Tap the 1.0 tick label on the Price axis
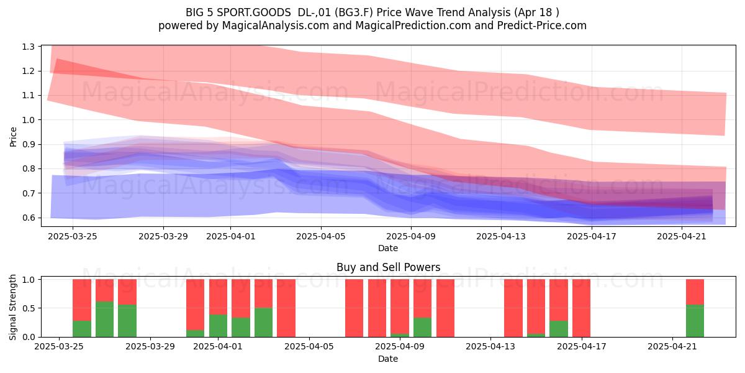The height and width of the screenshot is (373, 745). click(29, 120)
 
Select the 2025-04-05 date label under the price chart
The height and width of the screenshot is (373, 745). click(320, 236)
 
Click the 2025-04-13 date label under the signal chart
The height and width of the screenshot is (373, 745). click(490, 346)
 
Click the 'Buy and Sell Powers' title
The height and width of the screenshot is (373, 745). click(388, 267)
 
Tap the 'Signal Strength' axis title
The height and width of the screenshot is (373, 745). click(12, 307)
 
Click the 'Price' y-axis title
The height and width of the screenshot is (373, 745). click(13, 137)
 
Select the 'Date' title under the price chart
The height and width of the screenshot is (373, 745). click(388, 248)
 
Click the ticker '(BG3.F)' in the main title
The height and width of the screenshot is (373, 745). click(354, 12)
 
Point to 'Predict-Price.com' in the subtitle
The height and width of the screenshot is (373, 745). click(542, 25)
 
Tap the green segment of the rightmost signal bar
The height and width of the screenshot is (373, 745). click(695, 321)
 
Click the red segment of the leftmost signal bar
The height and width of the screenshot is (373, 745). click(82, 300)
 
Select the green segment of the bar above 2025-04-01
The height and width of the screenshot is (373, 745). click(218, 326)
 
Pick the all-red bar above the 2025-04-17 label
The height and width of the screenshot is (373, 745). click(581, 308)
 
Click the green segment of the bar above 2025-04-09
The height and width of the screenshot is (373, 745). click(399, 335)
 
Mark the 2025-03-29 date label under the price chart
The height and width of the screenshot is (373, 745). click(163, 236)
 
